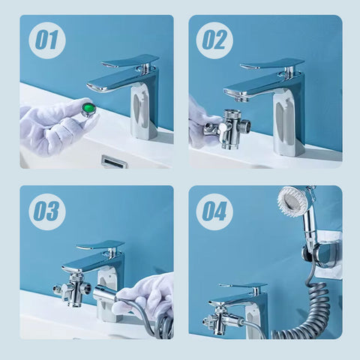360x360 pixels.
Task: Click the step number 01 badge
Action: (47, 40)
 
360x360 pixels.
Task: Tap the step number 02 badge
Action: (214, 40)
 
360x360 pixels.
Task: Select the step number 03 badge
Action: (47, 211)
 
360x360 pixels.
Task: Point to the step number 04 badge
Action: (214, 211)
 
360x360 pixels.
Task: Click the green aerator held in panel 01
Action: (89, 108)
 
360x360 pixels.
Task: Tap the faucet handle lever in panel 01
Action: (130, 61)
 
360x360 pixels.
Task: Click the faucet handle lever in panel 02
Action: (272, 63)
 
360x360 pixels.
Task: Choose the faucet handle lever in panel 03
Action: (100, 245)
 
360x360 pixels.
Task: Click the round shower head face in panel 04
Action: (290, 199)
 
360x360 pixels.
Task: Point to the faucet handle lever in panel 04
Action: (243, 285)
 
